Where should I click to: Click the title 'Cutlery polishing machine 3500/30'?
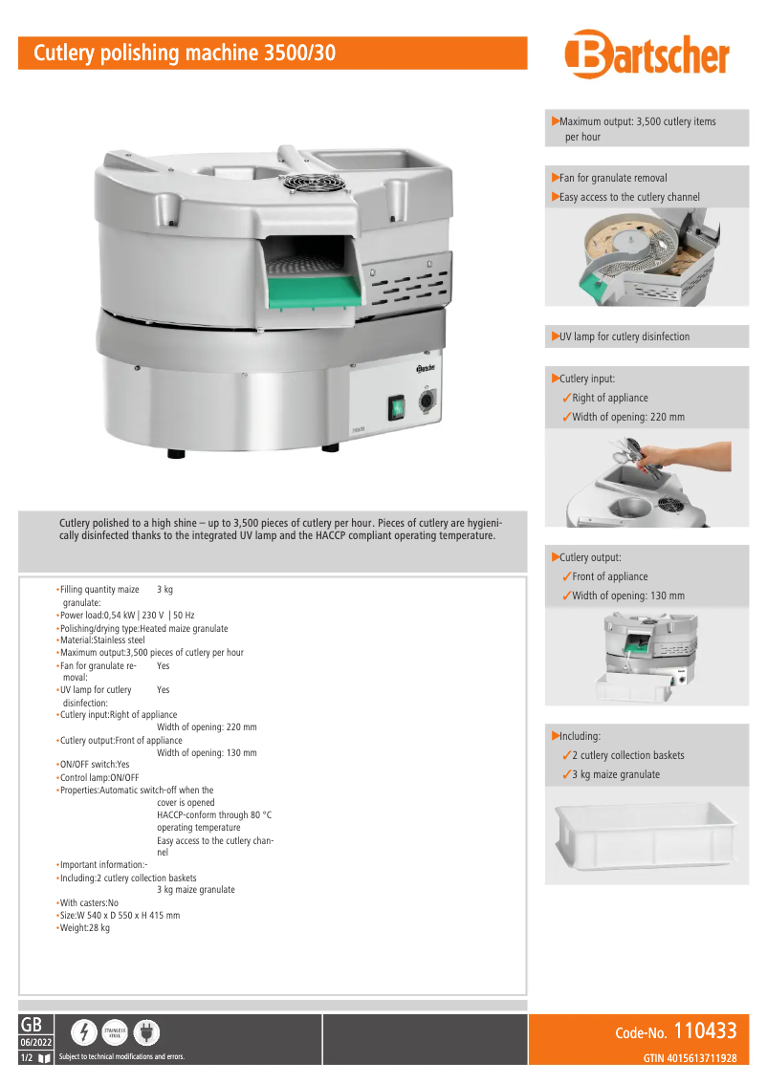tap(186, 54)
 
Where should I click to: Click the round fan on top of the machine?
tap(299, 182)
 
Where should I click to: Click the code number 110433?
tap(705, 1030)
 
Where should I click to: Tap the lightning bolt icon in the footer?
tap(84, 1032)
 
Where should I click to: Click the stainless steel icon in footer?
tap(115, 1032)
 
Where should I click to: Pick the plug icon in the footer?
tap(146, 1032)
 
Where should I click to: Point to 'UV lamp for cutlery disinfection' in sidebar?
tap(625, 336)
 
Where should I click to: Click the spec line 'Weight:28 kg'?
tap(85, 928)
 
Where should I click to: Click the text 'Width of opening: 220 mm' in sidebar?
tap(628, 417)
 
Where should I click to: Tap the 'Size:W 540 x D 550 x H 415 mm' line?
tap(120, 916)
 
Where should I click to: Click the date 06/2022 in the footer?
tap(36, 1042)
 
